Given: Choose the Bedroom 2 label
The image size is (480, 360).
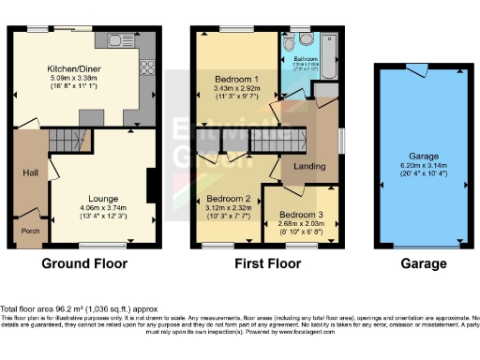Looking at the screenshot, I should coord(228,199).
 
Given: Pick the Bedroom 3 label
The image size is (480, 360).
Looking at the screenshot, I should coord(300,215).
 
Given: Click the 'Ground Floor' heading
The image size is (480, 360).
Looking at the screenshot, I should coord(83,264).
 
